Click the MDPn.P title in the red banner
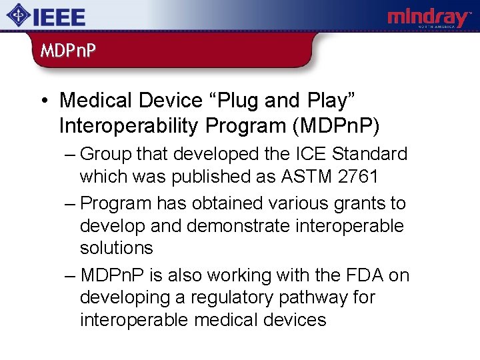click(x=67, y=51)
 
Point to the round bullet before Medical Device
click(x=43, y=101)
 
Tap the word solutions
click(x=117, y=248)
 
